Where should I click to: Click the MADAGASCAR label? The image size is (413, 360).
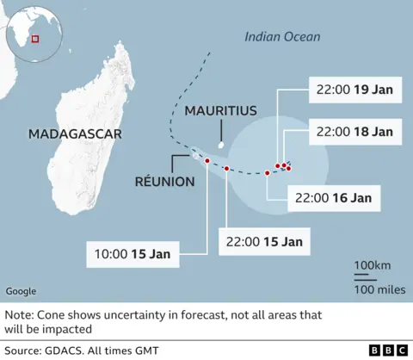pyautogui.click(x=75, y=133)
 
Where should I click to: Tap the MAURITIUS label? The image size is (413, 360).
pyautogui.click(x=220, y=111)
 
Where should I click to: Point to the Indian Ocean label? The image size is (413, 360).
pyautogui.click(x=282, y=36)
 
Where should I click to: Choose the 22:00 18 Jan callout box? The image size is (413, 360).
pyautogui.click(x=354, y=132)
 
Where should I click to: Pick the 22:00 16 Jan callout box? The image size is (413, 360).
pyautogui.click(x=333, y=197)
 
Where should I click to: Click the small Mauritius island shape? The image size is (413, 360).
pyautogui.click(x=221, y=146)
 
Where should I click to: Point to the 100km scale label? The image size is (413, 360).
pyautogui.click(x=366, y=264)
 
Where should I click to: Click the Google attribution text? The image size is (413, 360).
pyautogui.click(x=21, y=291)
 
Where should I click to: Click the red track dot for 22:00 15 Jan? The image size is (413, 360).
pyautogui.click(x=226, y=169)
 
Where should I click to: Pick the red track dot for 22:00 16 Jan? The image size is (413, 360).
pyautogui.click(x=267, y=173)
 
